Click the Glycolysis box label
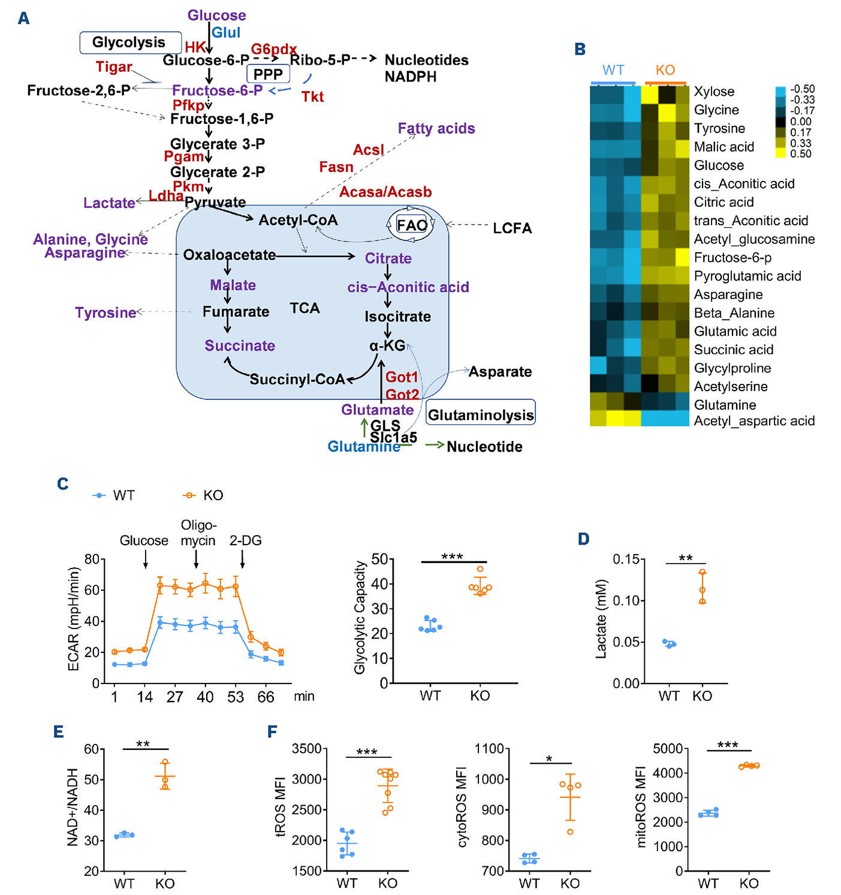[x=130, y=43]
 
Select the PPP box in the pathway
[x=268, y=74]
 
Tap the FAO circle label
[x=412, y=225]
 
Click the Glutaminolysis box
[x=480, y=415]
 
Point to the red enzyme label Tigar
[x=113, y=67]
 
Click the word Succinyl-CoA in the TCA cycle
[x=297, y=379]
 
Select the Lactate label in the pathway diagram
[x=109, y=203]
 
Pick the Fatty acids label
[x=436, y=129]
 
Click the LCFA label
[x=512, y=228]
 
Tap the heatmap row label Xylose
[x=714, y=92]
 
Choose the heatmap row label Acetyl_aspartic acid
[x=754, y=421]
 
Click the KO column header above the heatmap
[x=665, y=70]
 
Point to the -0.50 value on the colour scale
[x=801, y=89]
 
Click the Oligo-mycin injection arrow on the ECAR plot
[x=196, y=559]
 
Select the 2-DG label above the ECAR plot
[x=245, y=540]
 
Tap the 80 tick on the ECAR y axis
[x=92, y=560]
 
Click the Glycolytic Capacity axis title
[x=360, y=617]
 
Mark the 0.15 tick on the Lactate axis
[x=625, y=560]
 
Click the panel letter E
[x=58, y=731]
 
